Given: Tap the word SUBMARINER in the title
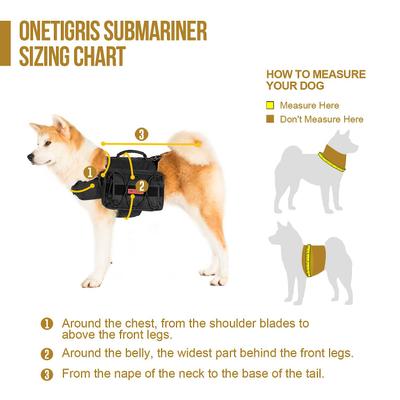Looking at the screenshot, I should [x=157, y=30].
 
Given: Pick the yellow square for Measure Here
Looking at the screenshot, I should [x=269, y=105].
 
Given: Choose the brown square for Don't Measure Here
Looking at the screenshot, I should [x=269, y=119].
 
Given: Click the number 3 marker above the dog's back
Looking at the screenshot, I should [x=141, y=133].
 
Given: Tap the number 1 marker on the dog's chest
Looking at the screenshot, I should [x=91, y=172].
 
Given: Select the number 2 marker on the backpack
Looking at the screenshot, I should [x=142, y=185].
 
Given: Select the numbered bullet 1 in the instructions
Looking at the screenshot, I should [x=47, y=324].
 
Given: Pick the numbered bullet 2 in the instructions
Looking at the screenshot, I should [x=47, y=354].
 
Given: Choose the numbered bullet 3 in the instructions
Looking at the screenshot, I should [x=47, y=374].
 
